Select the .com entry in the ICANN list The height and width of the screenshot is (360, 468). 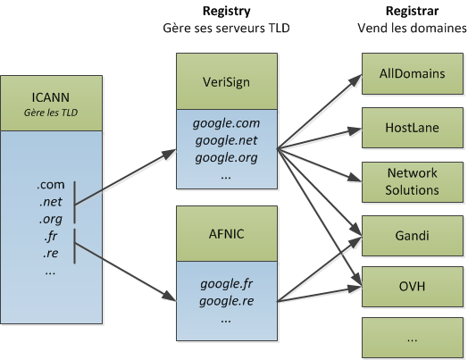click(x=48, y=185)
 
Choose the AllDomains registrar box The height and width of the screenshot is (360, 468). click(x=414, y=74)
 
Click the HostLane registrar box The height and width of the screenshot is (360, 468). click(x=414, y=129)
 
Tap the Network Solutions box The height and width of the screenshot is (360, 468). click(x=414, y=181)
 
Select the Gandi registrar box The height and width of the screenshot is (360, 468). click(x=414, y=236)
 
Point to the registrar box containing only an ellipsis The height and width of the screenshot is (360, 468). click(x=414, y=339)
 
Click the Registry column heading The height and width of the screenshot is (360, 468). click(x=226, y=12)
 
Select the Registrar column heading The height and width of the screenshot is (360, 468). click(x=414, y=12)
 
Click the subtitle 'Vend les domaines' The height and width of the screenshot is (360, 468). click(x=414, y=29)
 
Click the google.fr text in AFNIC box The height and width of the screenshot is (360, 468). click(x=226, y=283)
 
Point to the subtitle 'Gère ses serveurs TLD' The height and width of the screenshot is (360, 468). click(x=226, y=29)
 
